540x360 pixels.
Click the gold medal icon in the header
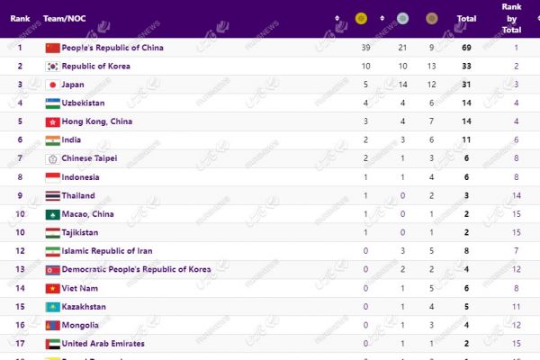[361, 18]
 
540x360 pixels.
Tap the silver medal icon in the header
[402, 18]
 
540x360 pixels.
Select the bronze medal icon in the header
[432, 18]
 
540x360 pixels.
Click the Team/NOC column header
[65, 18]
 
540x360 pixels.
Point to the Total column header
[466, 18]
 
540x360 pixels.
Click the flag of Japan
[52, 85]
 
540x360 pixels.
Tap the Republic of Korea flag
[52, 66]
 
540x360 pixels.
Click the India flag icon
[52, 139]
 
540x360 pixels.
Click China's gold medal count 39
[366, 47]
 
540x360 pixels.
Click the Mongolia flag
[52, 325]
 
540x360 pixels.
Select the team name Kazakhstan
[85, 306]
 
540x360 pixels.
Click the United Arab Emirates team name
[103, 343]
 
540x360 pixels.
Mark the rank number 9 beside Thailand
[20, 195]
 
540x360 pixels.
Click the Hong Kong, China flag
[52, 121]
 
